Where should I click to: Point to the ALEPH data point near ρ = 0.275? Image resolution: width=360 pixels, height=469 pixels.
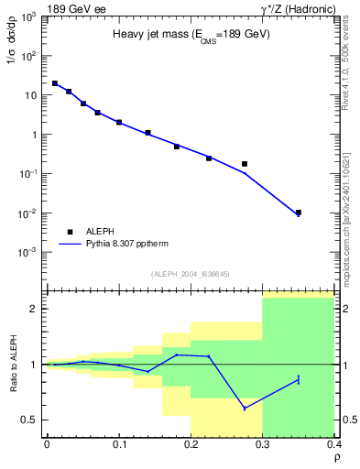pos(245,164)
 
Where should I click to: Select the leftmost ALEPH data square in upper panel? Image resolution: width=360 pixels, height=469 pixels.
pos(54,83)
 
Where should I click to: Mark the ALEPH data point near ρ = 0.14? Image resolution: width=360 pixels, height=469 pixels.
pos(147,133)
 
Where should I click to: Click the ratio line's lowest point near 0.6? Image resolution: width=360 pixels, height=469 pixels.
pos(245,409)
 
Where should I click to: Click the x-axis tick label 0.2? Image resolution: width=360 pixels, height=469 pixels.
pos(191,444)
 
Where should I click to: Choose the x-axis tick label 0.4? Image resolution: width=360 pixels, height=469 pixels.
pos(335,444)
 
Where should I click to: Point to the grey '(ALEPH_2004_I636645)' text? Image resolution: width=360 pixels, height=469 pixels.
pos(190,274)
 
